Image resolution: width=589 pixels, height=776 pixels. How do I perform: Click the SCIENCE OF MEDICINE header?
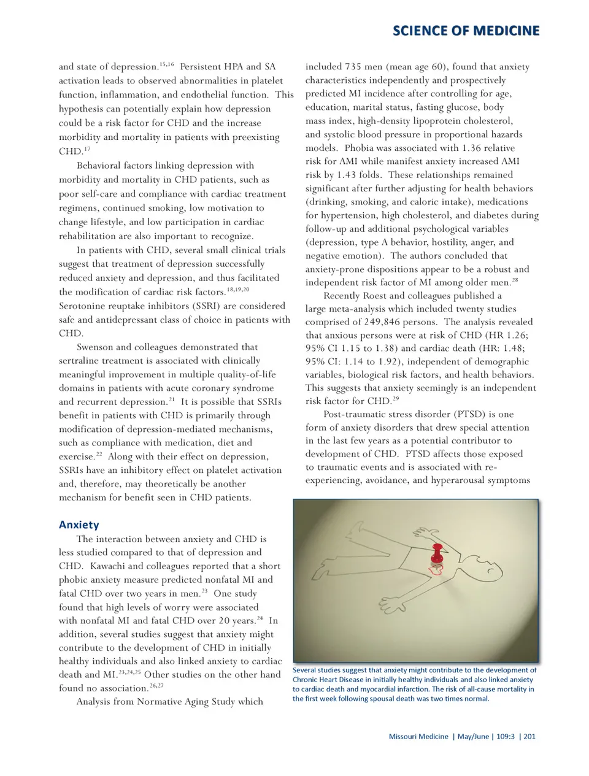point(466,31)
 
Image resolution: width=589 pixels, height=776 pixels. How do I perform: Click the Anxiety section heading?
point(79,524)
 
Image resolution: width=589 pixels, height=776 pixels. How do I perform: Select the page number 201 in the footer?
point(529,736)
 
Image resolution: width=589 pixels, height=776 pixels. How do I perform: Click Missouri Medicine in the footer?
point(418,736)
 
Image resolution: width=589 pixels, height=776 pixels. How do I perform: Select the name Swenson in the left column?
point(97,347)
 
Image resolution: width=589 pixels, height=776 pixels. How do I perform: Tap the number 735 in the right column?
point(353,67)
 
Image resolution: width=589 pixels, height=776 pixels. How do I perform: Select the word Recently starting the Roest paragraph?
point(342,296)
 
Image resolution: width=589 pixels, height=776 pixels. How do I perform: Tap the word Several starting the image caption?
point(305,670)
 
